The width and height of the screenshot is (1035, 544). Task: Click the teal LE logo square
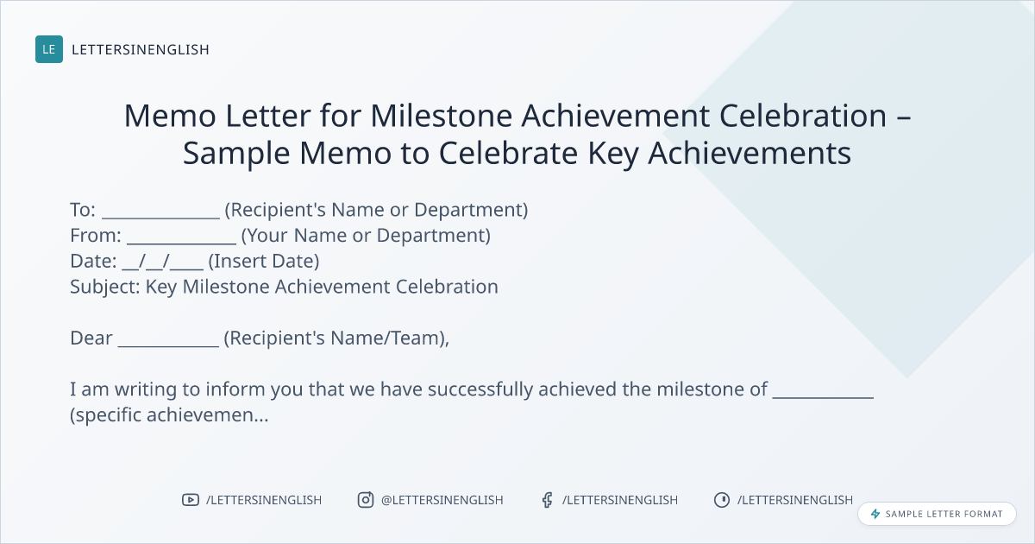click(49, 49)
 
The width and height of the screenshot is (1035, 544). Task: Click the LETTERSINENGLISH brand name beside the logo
click(141, 49)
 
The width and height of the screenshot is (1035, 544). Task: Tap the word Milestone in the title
click(442, 115)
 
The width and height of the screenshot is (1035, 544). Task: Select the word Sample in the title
click(236, 153)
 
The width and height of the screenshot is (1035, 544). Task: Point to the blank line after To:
click(160, 218)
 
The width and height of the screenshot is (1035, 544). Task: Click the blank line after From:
click(182, 243)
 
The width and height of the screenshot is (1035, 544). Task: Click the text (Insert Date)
click(264, 262)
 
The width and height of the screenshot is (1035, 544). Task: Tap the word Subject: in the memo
click(105, 287)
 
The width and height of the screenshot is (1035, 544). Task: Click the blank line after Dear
click(169, 345)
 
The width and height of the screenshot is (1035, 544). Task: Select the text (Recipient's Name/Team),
click(336, 338)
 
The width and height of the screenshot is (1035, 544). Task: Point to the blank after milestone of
click(823, 397)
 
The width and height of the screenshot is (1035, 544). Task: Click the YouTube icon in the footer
click(191, 500)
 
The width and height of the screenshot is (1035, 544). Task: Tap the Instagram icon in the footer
click(366, 500)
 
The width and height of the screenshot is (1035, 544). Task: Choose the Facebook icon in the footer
click(547, 500)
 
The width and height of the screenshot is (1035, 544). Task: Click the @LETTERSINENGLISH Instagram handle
click(442, 500)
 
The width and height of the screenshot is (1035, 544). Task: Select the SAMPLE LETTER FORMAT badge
click(937, 514)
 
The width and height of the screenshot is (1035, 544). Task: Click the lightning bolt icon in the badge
click(875, 514)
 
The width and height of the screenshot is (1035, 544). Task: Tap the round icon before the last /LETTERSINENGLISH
click(722, 500)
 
